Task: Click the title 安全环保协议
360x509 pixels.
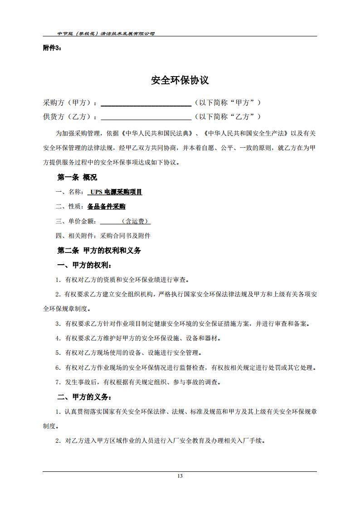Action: [180, 81]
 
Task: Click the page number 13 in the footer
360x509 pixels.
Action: [180, 476]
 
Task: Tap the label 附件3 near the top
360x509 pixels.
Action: [52, 48]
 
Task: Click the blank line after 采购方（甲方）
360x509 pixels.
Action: [146, 103]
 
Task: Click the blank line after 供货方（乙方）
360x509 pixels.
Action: [146, 117]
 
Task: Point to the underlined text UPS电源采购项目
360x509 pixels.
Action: [116, 192]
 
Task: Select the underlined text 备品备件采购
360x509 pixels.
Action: [106, 207]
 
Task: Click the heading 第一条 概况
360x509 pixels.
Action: [77, 177]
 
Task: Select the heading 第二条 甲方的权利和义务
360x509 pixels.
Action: [99, 251]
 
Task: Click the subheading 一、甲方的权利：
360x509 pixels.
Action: [84, 265]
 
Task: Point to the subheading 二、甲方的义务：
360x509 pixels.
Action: [84, 398]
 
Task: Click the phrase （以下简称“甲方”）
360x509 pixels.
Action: [228, 103]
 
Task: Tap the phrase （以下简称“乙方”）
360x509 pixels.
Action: [228, 117]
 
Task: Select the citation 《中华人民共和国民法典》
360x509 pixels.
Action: [161, 134]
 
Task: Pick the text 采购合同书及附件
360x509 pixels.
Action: [126, 236]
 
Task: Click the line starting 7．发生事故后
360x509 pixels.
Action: [138, 382]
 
